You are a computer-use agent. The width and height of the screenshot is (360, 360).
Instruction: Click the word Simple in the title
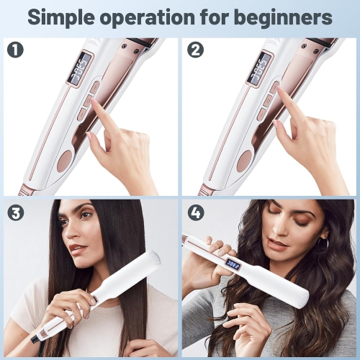coord(68,17)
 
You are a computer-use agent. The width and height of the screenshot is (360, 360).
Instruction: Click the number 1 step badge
coord(15,50)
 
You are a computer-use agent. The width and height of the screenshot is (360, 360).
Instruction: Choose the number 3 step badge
coord(15,213)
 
